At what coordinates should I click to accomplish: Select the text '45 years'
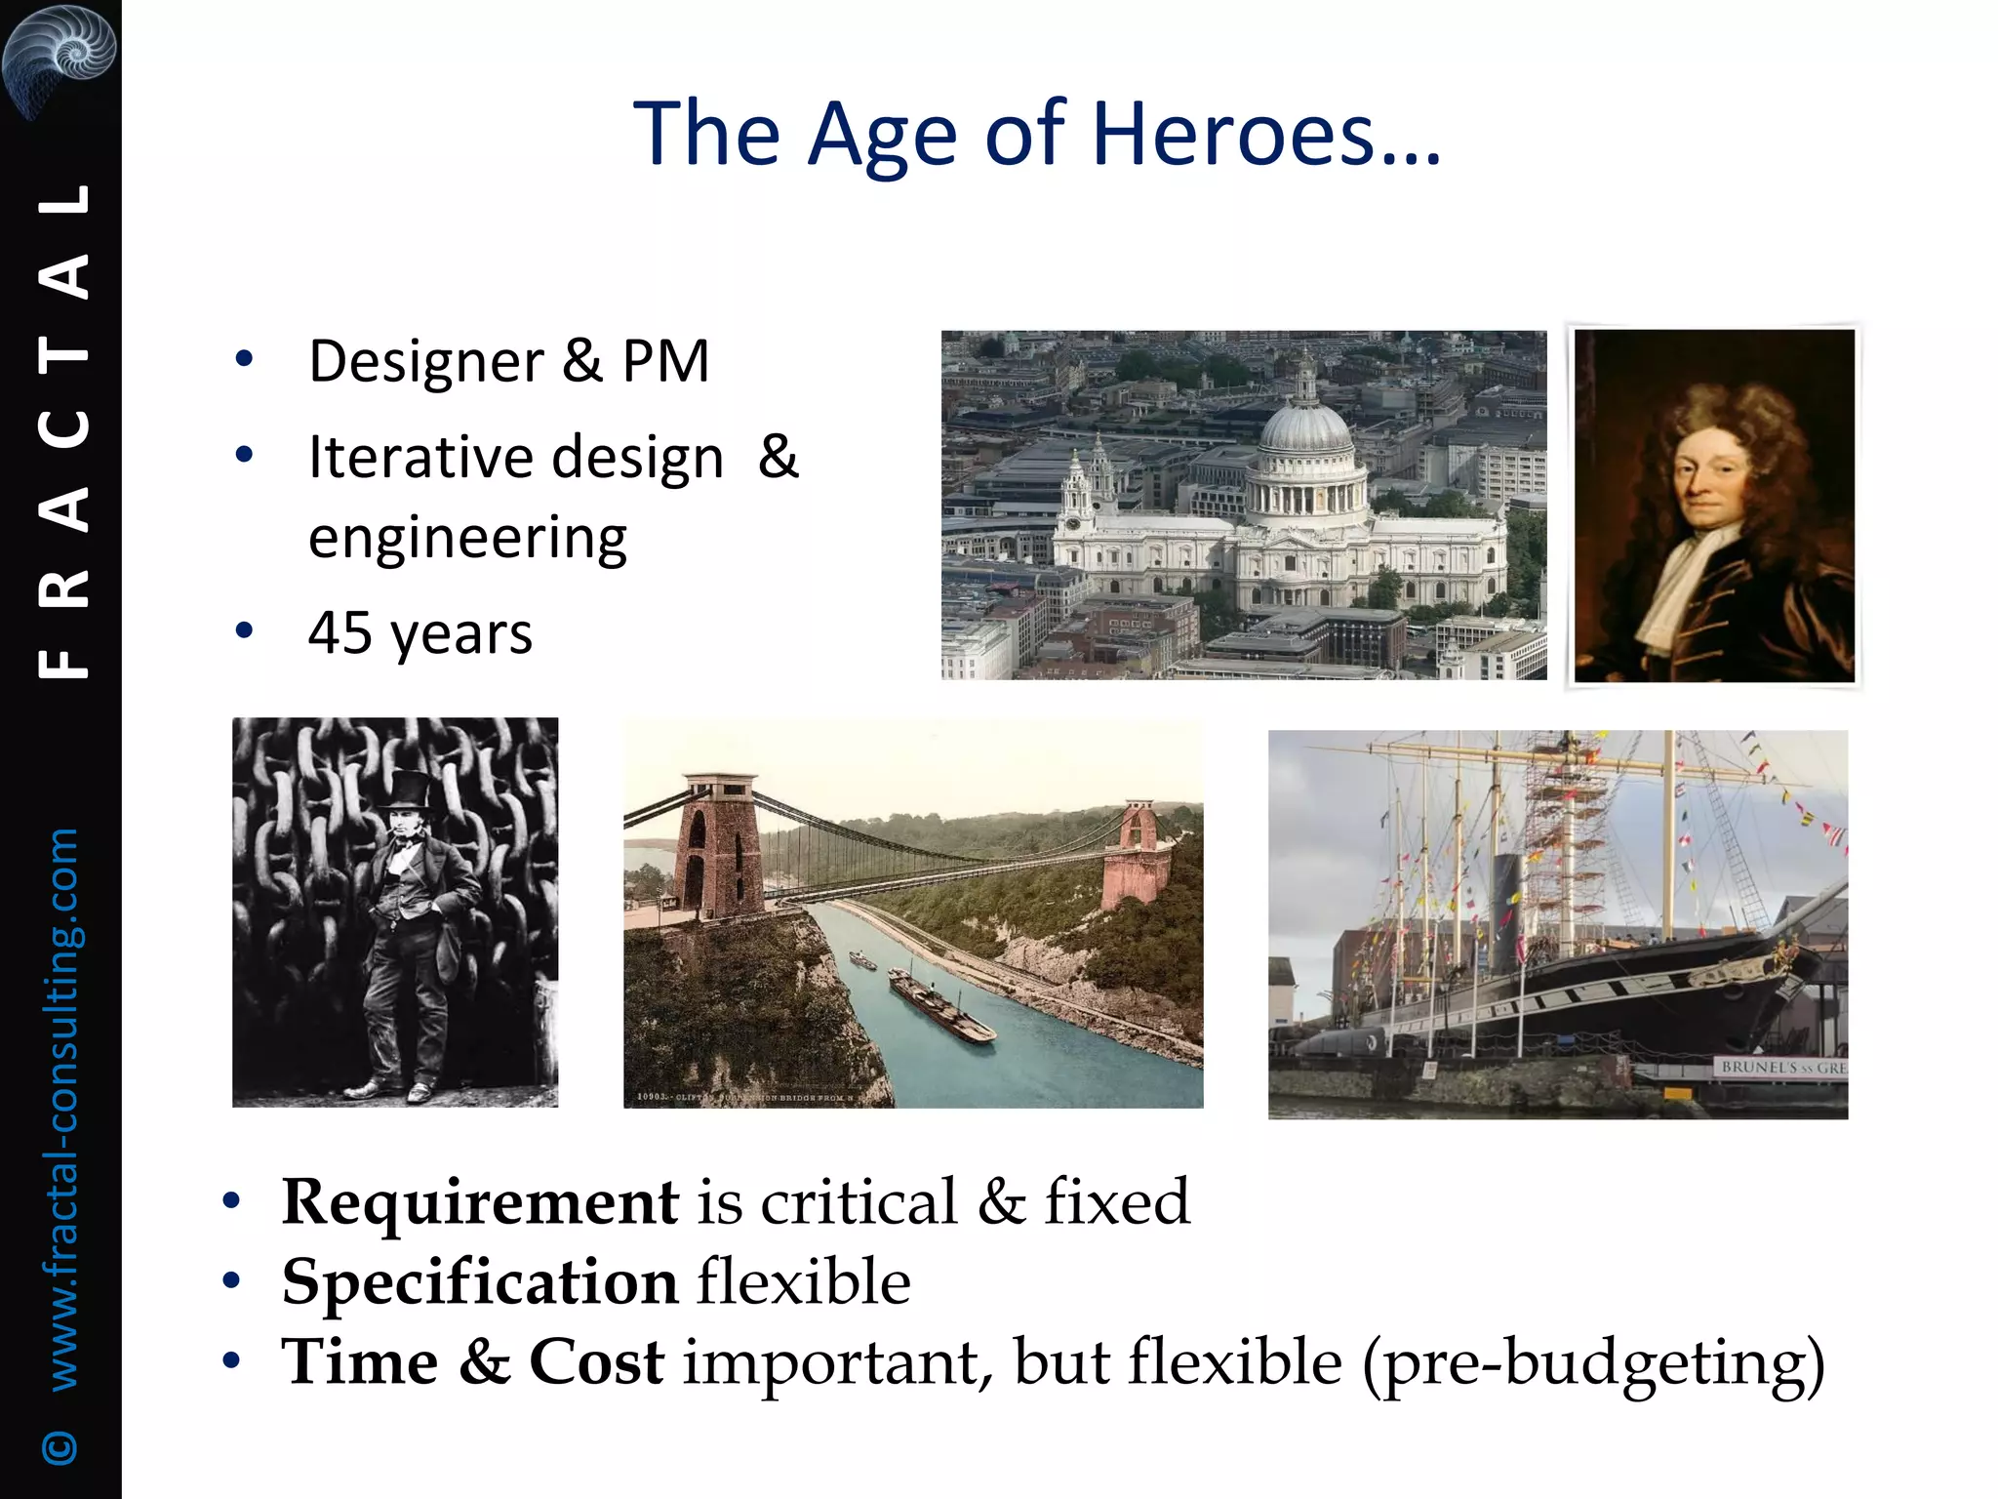click(x=420, y=633)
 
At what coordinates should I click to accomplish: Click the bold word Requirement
click(x=479, y=1201)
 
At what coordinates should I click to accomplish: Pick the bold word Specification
click(x=479, y=1281)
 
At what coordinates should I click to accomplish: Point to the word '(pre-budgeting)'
click(x=1592, y=1363)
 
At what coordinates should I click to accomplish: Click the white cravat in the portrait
click(x=1680, y=586)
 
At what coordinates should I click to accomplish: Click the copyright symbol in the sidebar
click(x=60, y=1447)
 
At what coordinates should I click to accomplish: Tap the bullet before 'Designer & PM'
click(x=244, y=359)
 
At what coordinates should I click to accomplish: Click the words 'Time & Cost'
click(x=472, y=1362)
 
